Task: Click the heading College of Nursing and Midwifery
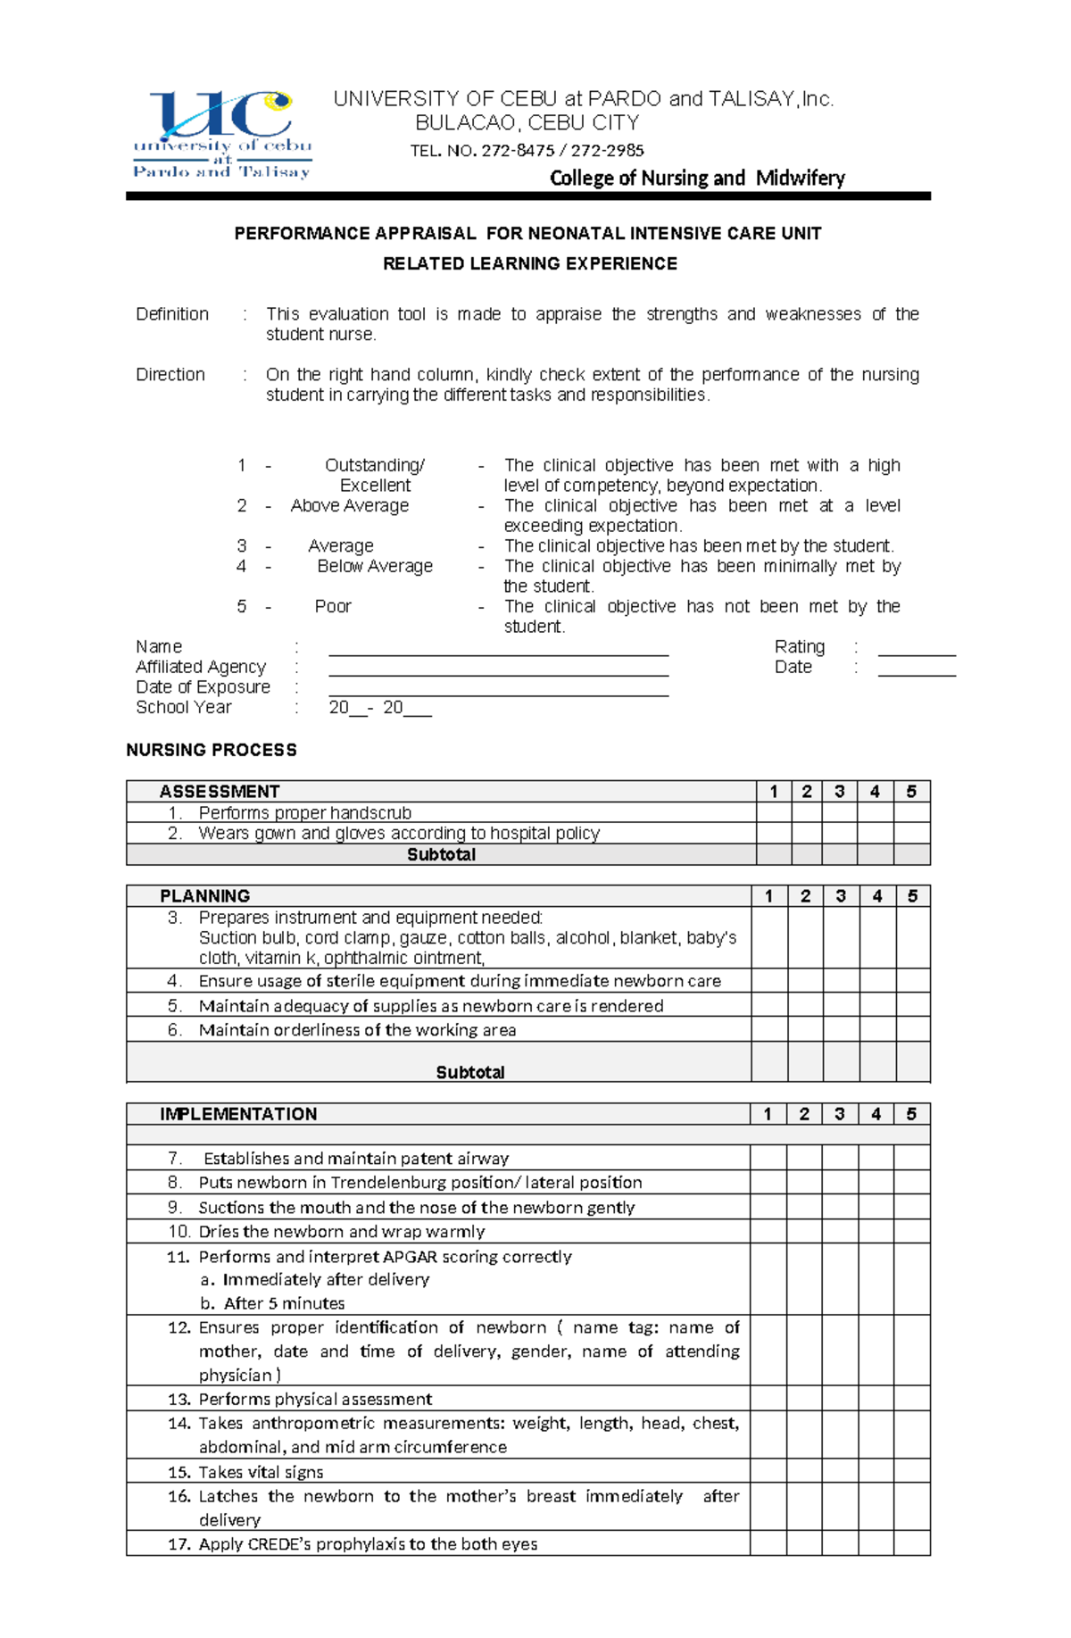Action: click(697, 178)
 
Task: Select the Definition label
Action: click(172, 314)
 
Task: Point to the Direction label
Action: click(170, 375)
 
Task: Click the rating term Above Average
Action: click(350, 506)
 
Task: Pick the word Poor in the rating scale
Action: click(333, 607)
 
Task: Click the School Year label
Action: click(184, 708)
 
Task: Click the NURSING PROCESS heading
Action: click(212, 751)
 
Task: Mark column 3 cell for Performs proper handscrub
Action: click(840, 813)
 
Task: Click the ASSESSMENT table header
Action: click(220, 792)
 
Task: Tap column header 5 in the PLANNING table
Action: click(912, 896)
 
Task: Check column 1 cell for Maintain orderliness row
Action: click(768, 1030)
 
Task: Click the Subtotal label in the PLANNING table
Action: click(470, 1072)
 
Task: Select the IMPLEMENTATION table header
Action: click(238, 1114)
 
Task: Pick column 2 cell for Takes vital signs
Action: click(804, 1472)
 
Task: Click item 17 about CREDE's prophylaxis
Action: click(368, 1544)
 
